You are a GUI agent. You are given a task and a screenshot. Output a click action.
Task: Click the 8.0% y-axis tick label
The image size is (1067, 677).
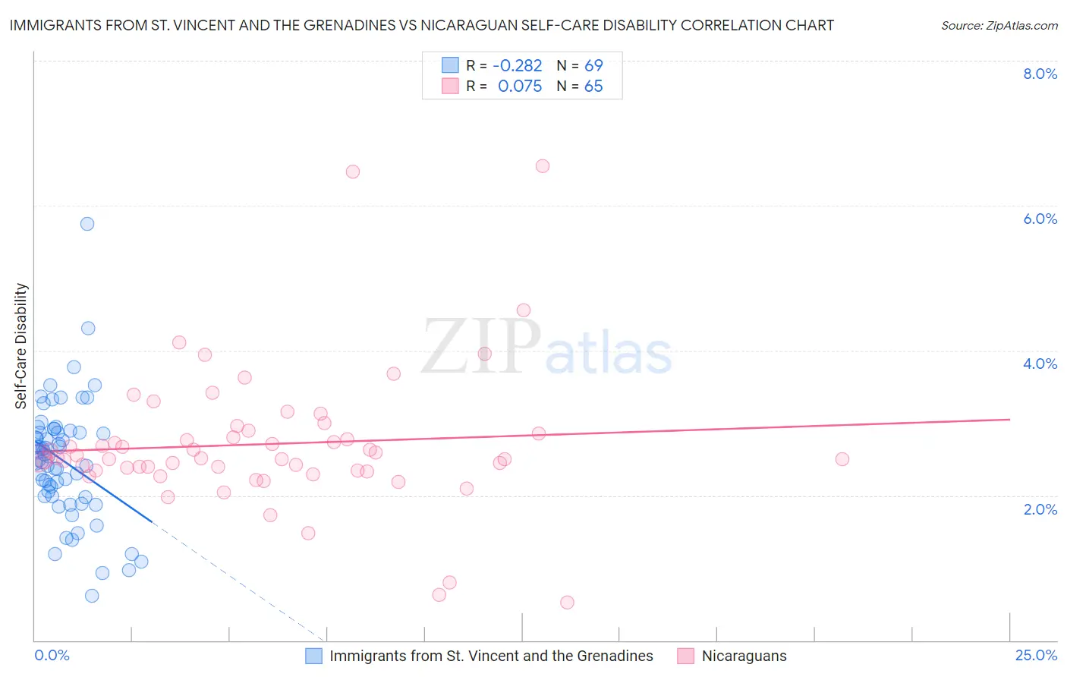pos(1040,74)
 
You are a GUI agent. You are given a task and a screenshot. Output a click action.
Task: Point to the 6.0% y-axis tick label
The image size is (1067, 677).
pos(1040,219)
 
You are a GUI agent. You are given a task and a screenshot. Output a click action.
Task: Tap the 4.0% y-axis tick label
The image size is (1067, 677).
pos(1040,364)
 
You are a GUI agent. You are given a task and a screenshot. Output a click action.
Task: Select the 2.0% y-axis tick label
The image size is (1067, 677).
pos(1040,509)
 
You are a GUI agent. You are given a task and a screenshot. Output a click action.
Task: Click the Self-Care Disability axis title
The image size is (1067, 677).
pos(21,346)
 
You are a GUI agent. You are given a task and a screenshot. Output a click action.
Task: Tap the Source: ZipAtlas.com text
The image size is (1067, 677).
pos(999,25)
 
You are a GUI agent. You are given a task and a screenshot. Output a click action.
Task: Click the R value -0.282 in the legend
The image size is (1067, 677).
pos(518,65)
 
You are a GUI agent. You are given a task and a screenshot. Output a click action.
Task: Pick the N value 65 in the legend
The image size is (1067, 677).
pos(593,87)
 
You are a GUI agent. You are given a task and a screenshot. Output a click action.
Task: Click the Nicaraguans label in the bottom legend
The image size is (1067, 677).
pos(744,656)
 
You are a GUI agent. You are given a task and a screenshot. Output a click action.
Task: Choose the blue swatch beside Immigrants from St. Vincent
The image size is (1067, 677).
pos(314,656)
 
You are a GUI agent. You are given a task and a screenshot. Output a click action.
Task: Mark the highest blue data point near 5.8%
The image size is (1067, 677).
pos(87,224)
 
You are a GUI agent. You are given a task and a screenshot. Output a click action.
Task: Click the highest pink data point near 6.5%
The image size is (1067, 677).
pos(543,166)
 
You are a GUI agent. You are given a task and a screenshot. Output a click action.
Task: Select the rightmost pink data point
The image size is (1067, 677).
pos(842,459)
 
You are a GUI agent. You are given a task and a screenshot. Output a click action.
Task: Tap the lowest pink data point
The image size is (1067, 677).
pos(567,603)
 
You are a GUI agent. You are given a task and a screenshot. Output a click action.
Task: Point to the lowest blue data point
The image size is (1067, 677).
pos(92,596)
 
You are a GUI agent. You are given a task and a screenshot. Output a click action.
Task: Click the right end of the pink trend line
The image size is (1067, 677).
pos(1009,419)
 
